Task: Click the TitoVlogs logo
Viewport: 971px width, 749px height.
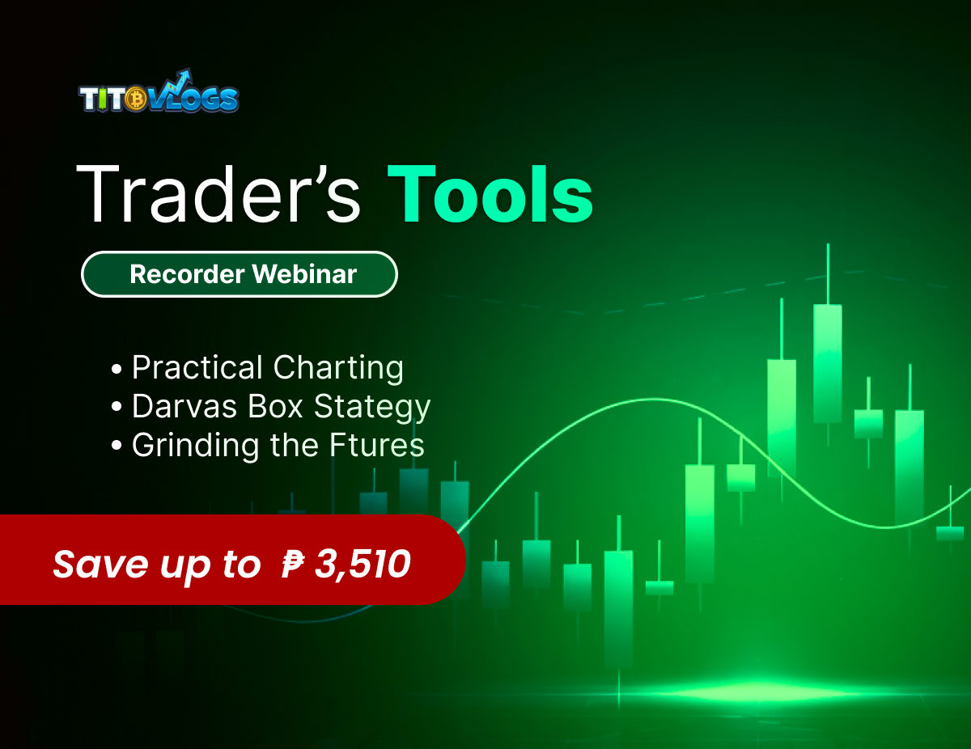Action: pyautogui.click(x=159, y=95)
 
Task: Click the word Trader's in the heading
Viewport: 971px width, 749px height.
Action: pyautogui.click(x=217, y=196)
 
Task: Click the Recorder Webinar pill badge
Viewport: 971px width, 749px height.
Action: pyautogui.click(x=240, y=274)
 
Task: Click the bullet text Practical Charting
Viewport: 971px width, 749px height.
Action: pyautogui.click(x=267, y=368)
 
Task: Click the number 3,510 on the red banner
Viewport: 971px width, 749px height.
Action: pyautogui.click(x=363, y=564)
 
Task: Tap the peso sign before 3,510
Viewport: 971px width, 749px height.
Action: pyautogui.click(x=292, y=564)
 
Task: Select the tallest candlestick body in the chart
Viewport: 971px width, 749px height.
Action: pyautogui.click(x=827, y=364)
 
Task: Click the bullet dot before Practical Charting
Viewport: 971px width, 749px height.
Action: pyautogui.click(x=117, y=370)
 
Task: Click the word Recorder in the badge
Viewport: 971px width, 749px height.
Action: pyautogui.click(x=186, y=274)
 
